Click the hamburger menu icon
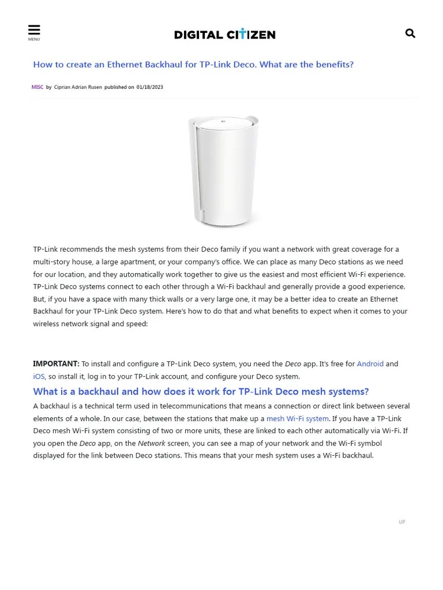pos(34,30)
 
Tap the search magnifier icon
pos(410,33)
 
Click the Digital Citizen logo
pos(224,35)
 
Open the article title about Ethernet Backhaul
pos(193,65)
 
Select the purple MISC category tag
pos(37,87)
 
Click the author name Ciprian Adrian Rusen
pos(78,87)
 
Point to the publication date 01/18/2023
pos(149,87)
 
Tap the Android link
pos(370,364)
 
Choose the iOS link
pos(39,376)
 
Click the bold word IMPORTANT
pos(56,364)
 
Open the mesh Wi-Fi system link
pos(298,418)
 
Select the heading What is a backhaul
pos(201,392)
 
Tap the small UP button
pos(402,522)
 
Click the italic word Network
pos(152,443)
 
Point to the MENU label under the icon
pos(34,39)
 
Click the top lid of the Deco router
pos(224,123)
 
